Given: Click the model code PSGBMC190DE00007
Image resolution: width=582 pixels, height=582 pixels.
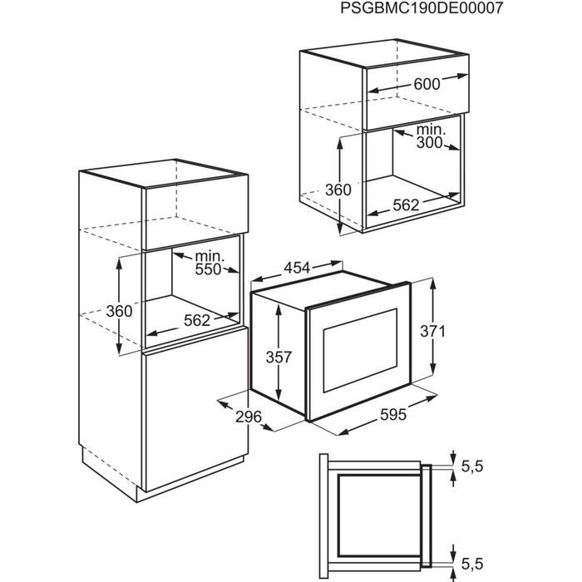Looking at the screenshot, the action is [422, 7].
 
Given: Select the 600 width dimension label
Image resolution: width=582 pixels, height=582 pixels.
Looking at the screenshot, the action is [427, 84].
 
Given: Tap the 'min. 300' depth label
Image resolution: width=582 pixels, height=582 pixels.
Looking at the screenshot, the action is [430, 136].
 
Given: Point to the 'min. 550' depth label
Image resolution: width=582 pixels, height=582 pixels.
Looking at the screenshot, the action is [210, 263].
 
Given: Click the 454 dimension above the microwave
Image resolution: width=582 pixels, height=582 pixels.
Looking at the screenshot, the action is [297, 267].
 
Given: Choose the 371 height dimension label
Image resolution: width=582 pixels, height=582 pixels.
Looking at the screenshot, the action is [432, 331].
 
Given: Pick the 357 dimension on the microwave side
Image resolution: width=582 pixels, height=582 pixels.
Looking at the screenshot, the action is [279, 357].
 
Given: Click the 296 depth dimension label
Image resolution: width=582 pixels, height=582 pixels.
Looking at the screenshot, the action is [249, 417].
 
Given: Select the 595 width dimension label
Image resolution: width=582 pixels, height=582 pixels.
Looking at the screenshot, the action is [393, 415].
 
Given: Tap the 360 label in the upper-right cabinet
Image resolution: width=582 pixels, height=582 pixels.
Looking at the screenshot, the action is [338, 190].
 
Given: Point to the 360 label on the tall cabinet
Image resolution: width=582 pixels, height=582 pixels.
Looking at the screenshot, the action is [119, 311].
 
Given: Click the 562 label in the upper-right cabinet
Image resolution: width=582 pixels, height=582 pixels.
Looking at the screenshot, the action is [406, 205].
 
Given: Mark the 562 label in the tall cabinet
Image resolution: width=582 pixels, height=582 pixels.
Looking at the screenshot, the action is [197, 321].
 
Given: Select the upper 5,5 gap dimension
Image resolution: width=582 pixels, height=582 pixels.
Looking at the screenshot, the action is [472, 466].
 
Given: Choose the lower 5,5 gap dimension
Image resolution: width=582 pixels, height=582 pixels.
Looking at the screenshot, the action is [472, 565].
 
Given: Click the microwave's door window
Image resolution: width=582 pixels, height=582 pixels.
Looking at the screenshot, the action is [360, 350].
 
